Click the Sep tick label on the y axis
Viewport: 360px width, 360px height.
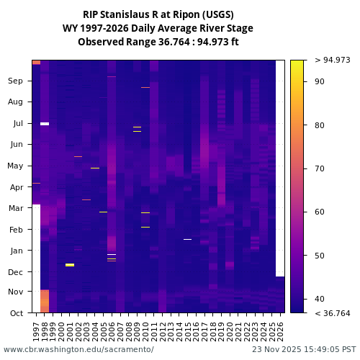click(16, 81)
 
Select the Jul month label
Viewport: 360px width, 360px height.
click(18, 124)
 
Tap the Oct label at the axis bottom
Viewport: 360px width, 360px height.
click(17, 313)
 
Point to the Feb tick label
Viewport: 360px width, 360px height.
click(17, 230)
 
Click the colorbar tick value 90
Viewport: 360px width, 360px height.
click(320, 82)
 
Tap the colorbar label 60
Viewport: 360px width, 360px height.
click(320, 212)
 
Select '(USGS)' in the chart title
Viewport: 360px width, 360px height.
click(217, 14)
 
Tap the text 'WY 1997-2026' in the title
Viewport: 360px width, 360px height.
click(94, 28)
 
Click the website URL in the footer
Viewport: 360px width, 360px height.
click(78, 349)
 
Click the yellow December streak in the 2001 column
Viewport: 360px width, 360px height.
click(70, 265)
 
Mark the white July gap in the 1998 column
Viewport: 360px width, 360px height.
click(45, 124)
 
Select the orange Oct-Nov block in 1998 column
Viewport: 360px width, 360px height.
click(45, 301)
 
